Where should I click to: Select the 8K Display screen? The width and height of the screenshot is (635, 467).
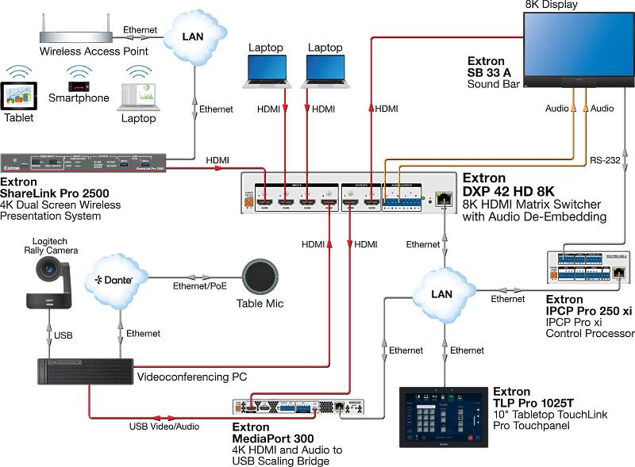pyautogui.click(x=579, y=43)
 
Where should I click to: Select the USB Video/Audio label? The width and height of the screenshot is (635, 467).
pyautogui.click(x=164, y=427)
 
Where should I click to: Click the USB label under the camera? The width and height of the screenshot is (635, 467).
pyautogui.click(x=63, y=335)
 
